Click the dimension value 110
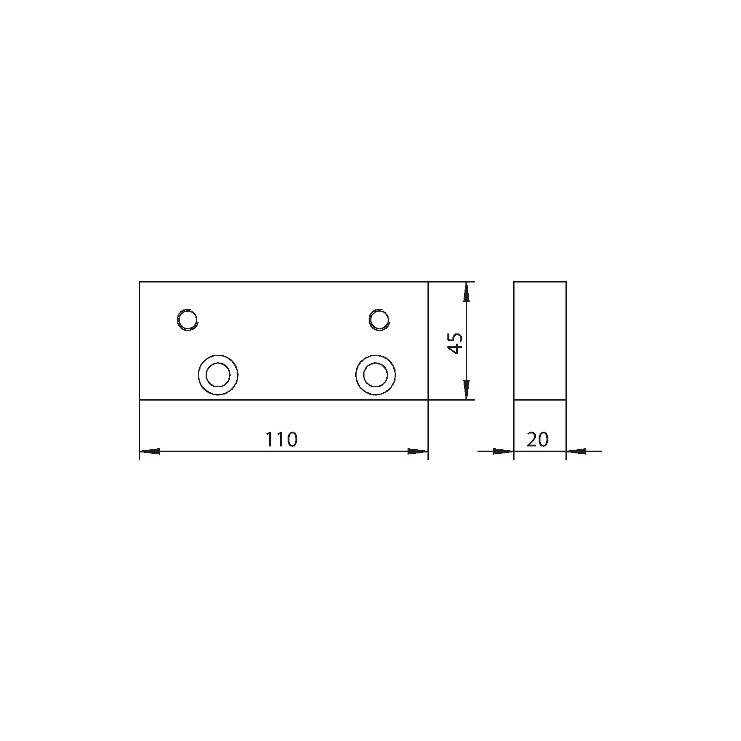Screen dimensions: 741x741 pyautogui.click(x=281, y=440)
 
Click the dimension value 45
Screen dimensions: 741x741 pyautogui.click(x=456, y=343)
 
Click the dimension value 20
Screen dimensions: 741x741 pyautogui.click(x=537, y=440)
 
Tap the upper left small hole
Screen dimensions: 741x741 pyautogui.click(x=188, y=319)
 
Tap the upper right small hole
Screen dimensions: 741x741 pyautogui.click(x=379, y=319)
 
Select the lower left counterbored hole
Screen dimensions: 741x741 pyautogui.click(x=218, y=375)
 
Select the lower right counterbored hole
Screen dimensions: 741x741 pyautogui.click(x=376, y=375)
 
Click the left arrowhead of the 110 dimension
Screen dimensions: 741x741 pyautogui.click(x=149, y=451)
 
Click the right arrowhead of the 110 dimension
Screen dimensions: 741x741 pyautogui.click(x=418, y=451)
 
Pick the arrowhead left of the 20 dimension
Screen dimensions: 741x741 pyautogui.click(x=504, y=451)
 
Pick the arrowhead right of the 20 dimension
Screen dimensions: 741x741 pyautogui.click(x=576, y=451)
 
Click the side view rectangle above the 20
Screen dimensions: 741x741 pyautogui.click(x=540, y=340)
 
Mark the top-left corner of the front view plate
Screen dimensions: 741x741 pyautogui.click(x=139, y=282)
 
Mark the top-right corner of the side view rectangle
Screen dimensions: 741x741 pyautogui.click(x=566, y=282)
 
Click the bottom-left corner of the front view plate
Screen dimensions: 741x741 pyautogui.click(x=139, y=400)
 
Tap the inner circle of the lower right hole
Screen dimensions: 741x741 pyautogui.click(x=376, y=375)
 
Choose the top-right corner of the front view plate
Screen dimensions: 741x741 pyautogui.click(x=428, y=282)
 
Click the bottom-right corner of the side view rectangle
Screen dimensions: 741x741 pyautogui.click(x=566, y=400)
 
